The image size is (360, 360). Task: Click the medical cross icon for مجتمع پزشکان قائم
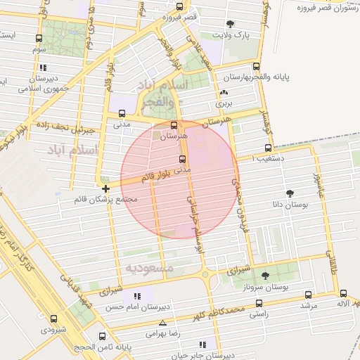(105, 188)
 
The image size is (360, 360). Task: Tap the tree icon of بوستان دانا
(290, 193)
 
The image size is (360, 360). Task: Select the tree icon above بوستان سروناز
(264, 276)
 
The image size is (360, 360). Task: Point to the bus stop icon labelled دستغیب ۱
(267, 148)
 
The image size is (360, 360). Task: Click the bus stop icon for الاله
(342, 294)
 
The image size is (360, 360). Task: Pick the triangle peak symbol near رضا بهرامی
(163, 323)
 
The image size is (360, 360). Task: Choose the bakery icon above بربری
(224, 93)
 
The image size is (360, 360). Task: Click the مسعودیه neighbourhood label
(149, 269)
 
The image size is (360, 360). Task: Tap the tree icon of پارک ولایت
(231, 24)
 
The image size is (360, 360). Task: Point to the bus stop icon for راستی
(259, 303)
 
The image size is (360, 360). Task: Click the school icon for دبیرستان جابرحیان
(203, 345)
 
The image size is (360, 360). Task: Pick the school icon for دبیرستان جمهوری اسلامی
(43, 68)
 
